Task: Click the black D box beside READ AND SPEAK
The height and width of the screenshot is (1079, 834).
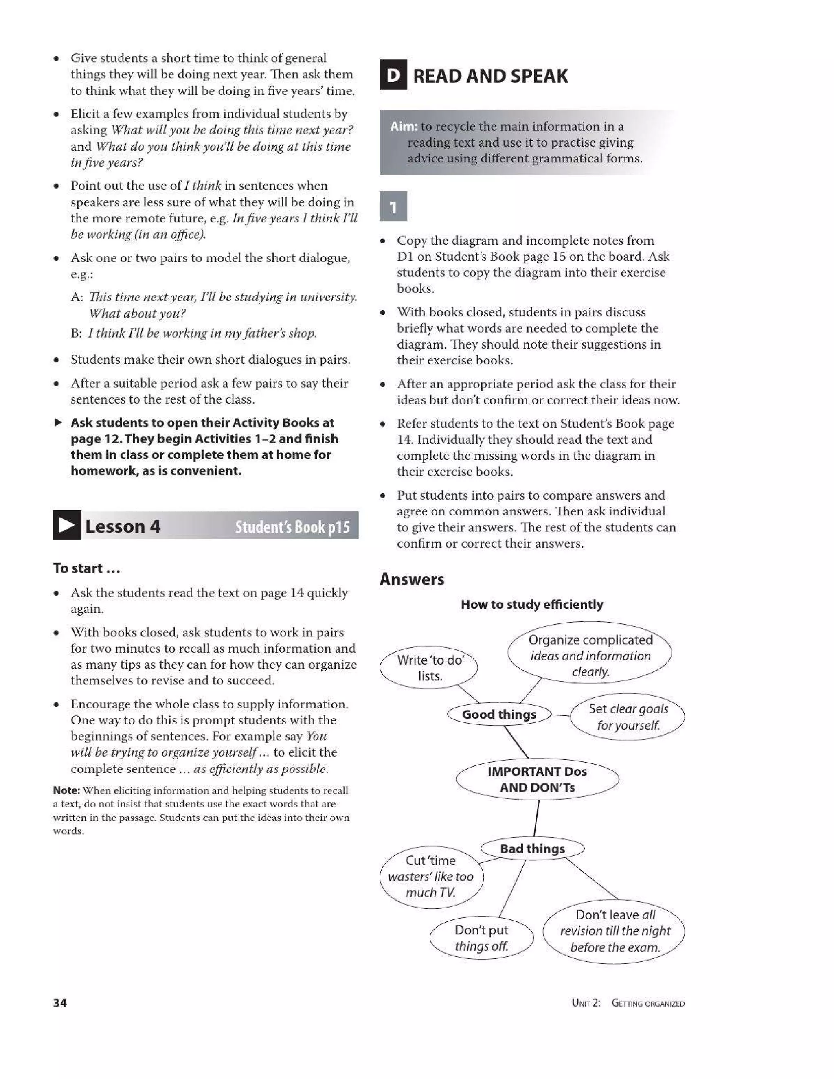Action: tap(393, 75)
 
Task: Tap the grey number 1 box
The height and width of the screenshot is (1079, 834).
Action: tap(393, 206)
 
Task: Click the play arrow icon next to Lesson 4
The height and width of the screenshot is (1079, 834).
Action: tap(67, 525)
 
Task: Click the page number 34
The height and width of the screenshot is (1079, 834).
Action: tap(60, 1002)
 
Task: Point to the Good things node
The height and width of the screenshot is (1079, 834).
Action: tap(499, 715)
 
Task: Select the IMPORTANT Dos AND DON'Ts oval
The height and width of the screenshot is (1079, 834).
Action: tap(537, 779)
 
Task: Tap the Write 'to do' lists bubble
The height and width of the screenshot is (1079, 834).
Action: tap(429, 667)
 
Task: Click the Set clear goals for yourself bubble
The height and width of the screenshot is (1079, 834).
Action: tap(628, 717)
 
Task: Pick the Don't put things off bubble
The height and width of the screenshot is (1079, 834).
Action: tap(481, 938)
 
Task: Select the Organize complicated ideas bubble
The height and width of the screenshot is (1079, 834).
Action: tap(590, 655)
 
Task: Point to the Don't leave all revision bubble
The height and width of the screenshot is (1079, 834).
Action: tap(614, 931)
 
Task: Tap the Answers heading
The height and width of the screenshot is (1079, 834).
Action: tap(412, 579)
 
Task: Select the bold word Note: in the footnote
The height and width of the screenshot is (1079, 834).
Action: tap(66, 790)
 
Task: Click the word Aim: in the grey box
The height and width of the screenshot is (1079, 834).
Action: tap(404, 127)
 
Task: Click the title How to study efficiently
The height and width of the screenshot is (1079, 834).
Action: tap(531, 604)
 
